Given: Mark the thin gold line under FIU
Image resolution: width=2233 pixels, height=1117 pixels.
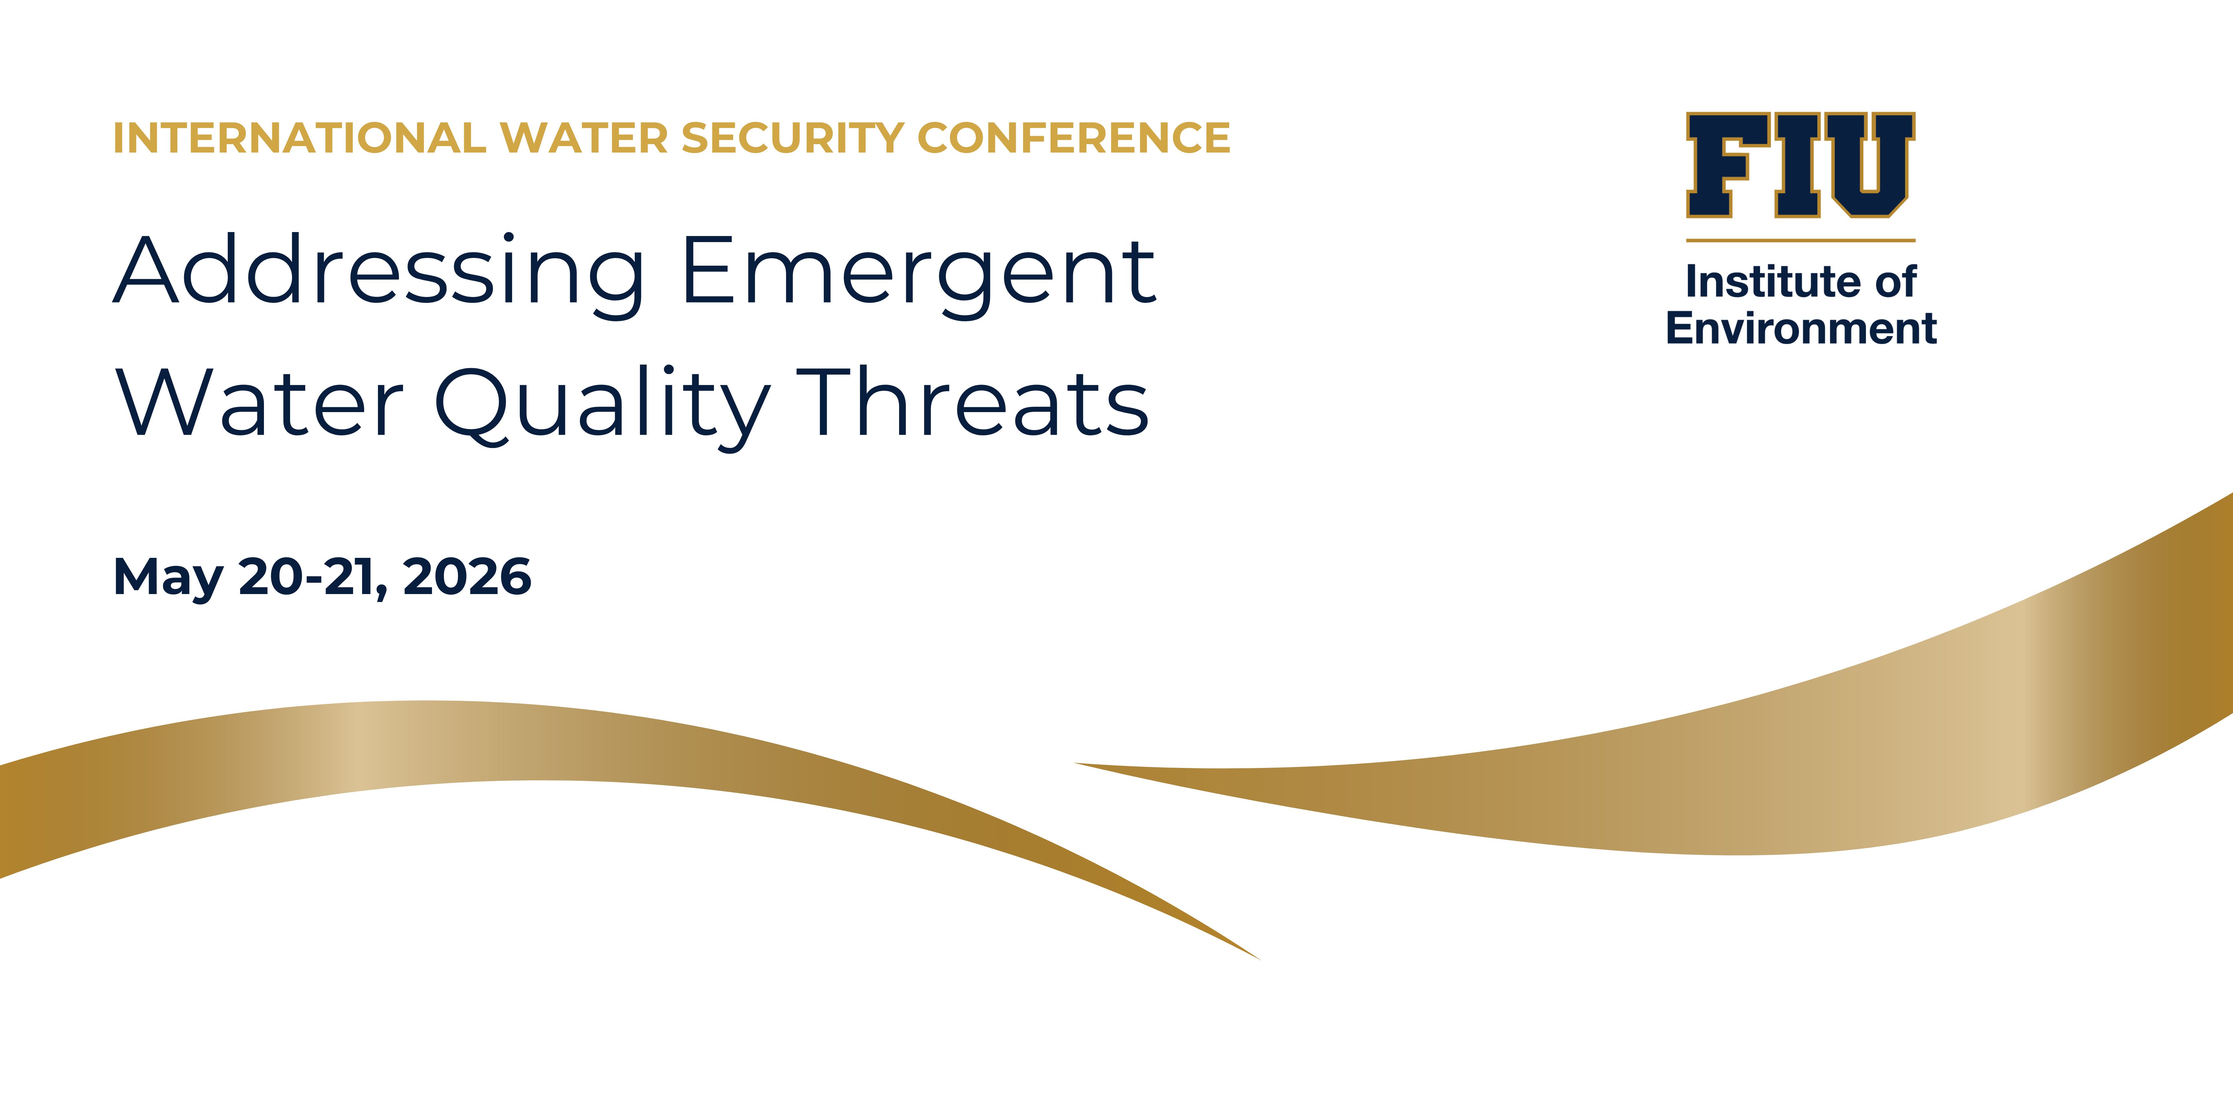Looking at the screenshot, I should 1800,240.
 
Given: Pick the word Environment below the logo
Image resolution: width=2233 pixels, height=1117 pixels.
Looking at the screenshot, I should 1800,329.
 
